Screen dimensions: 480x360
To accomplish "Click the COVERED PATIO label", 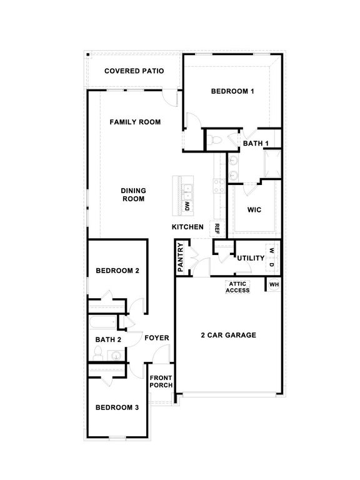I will click(x=134, y=71).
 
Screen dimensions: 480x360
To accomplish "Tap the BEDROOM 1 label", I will click(x=232, y=92).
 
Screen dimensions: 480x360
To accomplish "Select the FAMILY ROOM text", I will click(x=135, y=122).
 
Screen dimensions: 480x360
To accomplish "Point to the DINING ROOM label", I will click(x=132, y=195).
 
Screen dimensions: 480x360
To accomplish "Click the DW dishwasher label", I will click(x=187, y=206).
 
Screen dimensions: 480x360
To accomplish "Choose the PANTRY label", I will click(x=180, y=257).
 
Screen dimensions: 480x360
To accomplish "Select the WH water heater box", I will click(x=274, y=285).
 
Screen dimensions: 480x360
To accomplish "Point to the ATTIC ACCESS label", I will click(x=237, y=287).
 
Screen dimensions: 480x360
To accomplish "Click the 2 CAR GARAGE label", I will click(x=228, y=336).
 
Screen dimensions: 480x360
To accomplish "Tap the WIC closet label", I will click(x=254, y=210).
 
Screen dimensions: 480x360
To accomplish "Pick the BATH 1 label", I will click(x=256, y=144).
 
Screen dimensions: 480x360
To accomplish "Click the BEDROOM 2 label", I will click(x=117, y=271).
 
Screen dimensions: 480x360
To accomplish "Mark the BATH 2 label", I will click(x=108, y=339).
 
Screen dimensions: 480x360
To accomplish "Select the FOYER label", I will click(x=157, y=338).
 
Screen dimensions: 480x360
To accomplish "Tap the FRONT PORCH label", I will click(x=161, y=381).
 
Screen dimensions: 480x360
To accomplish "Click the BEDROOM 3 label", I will click(x=117, y=408).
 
